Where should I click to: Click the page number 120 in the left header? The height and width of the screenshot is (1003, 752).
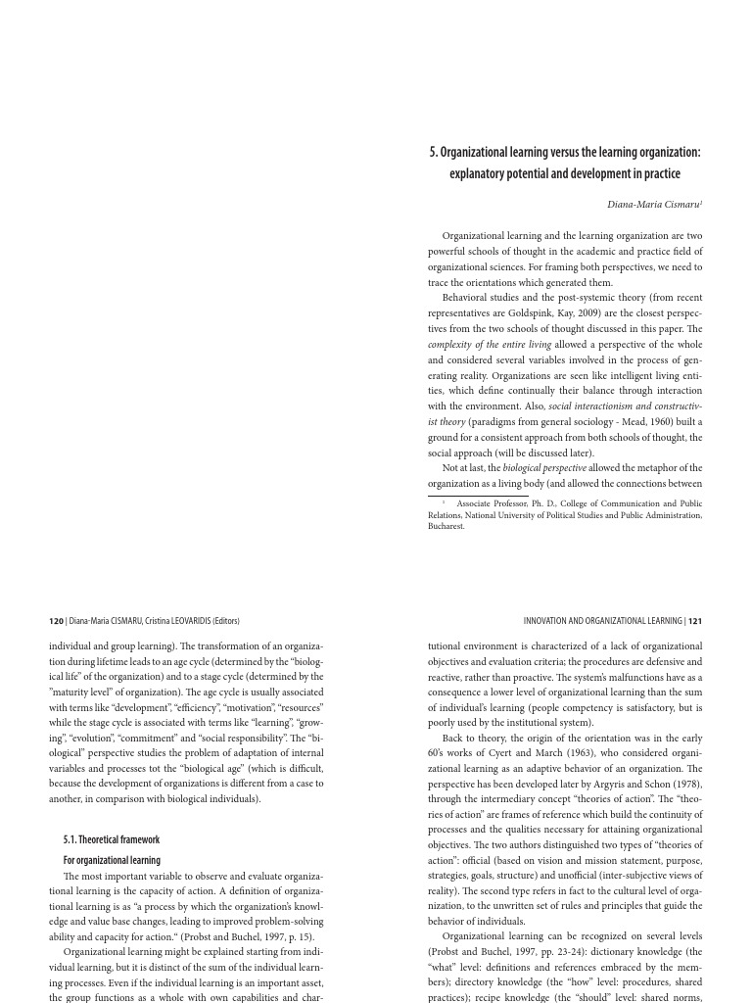click(56, 621)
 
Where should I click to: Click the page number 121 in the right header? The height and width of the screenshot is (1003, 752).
click(695, 621)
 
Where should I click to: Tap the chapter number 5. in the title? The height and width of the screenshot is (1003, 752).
click(433, 152)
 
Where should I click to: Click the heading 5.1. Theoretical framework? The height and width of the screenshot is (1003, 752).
click(111, 839)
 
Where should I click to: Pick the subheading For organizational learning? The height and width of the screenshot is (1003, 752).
click(112, 860)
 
